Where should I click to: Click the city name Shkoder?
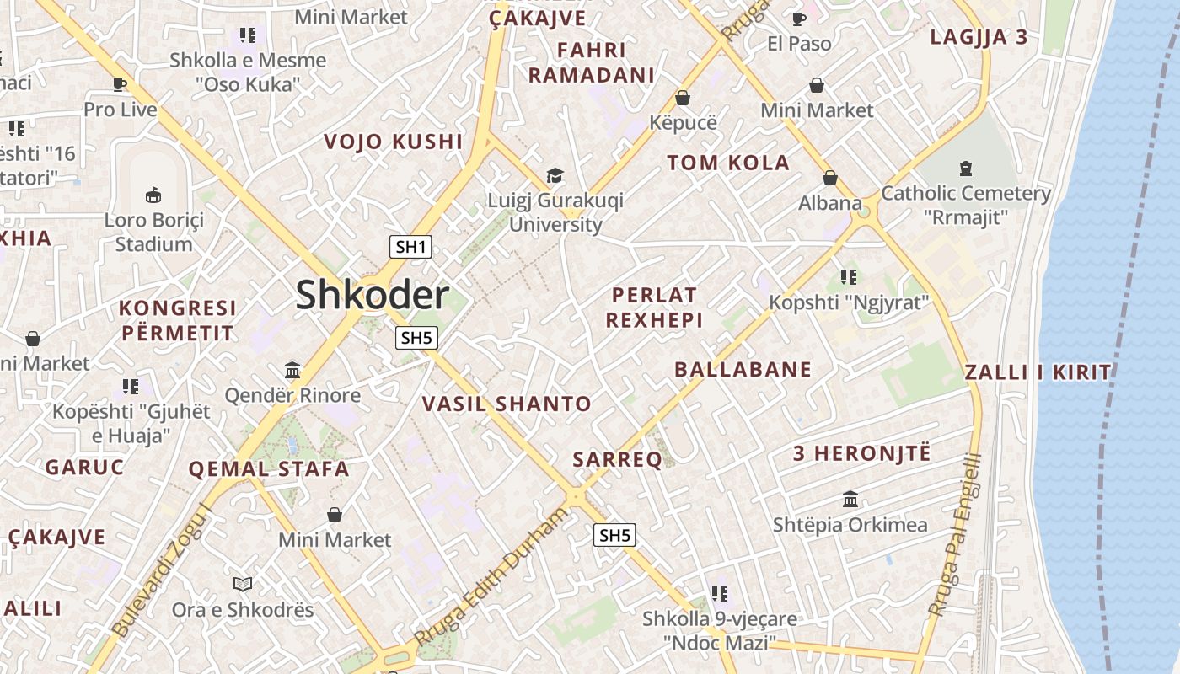pos(372,296)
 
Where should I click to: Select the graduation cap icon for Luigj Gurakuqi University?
pos(555,175)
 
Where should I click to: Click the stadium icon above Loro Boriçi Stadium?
pos(153,195)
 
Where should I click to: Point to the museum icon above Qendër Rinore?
pos(292,370)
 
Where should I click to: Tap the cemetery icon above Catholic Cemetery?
pos(966,168)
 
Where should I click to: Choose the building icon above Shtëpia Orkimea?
pos(850,500)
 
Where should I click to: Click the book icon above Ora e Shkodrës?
pos(243,584)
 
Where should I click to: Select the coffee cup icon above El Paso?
pos(799,19)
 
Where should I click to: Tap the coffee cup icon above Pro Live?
pos(120,84)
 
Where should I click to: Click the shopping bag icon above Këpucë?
pos(683,98)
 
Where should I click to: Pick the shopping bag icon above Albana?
pos(830,178)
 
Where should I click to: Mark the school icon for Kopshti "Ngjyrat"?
pos(848,276)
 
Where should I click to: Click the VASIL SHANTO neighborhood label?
pos(507,404)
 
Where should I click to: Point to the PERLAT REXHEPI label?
pos(654,308)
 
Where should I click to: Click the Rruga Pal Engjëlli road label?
pos(954,535)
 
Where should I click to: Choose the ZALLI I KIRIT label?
pos(1038,372)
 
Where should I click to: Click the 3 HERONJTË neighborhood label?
pos(861,453)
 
